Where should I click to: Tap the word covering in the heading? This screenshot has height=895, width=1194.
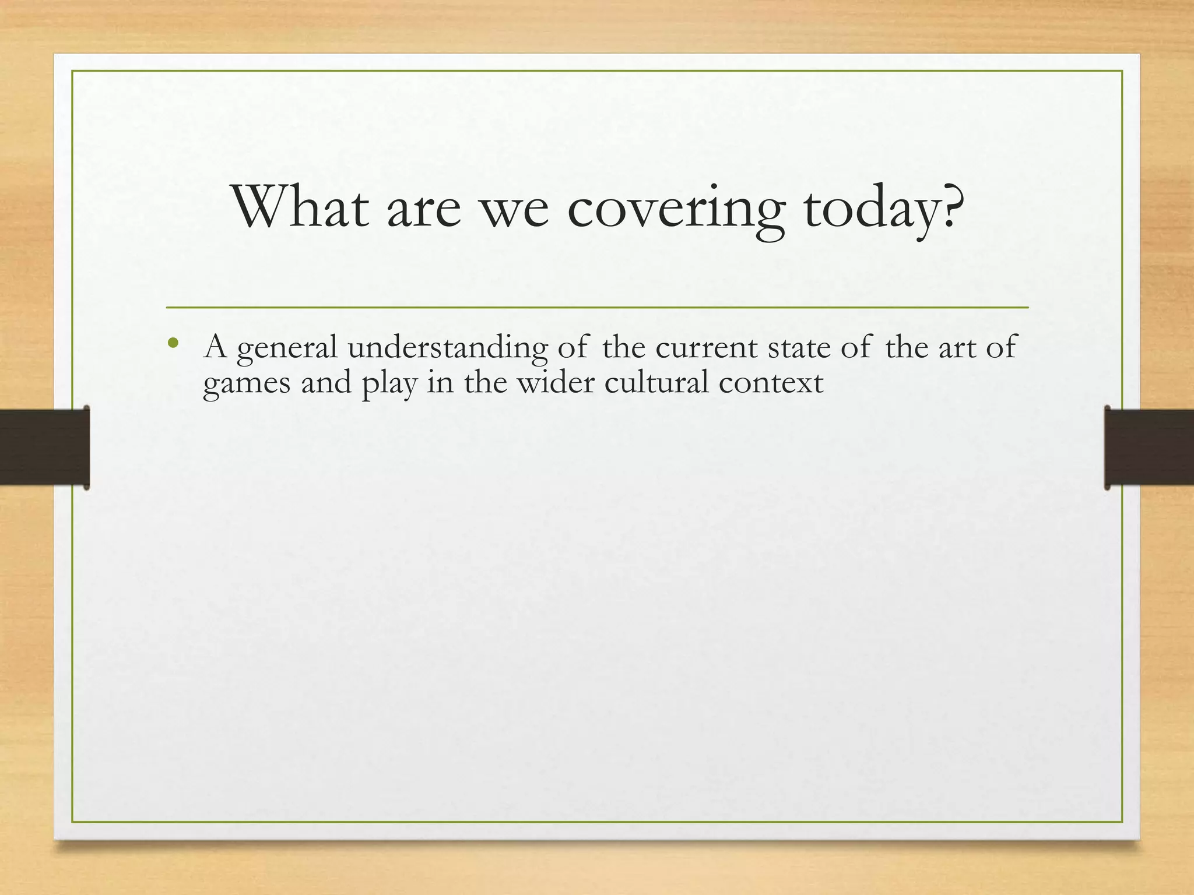[675, 210]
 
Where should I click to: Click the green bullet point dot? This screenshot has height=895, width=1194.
[172, 343]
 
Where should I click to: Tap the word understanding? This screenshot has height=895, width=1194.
[448, 348]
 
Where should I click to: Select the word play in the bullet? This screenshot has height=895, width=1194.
[389, 385]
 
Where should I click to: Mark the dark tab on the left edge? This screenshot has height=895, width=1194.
[44, 447]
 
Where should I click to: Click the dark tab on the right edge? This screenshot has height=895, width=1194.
[1149, 447]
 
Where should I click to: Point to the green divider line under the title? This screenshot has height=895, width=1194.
[597, 307]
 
